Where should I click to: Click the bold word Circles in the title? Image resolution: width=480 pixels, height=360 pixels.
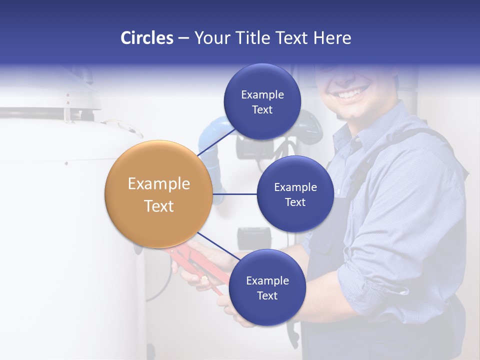[x=147, y=38]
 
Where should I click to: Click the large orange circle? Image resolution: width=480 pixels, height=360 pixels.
[x=159, y=194]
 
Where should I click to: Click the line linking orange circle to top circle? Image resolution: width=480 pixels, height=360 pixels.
[x=216, y=142]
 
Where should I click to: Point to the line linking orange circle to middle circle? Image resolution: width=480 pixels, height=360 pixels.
[x=235, y=194]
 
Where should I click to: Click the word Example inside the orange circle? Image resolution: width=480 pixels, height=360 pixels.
[x=159, y=183]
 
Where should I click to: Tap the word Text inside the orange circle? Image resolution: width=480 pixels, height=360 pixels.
[x=159, y=206]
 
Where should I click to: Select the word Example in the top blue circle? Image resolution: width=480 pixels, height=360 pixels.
[x=262, y=94]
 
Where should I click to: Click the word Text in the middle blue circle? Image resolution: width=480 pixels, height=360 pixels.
[x=295, y=202]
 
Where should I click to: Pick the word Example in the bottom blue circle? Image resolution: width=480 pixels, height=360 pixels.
[x=267, y=280]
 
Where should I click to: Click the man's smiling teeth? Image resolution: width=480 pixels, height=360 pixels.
[x=352, y=93]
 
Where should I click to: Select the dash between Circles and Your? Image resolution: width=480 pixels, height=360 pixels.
[x=183, y=38]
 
